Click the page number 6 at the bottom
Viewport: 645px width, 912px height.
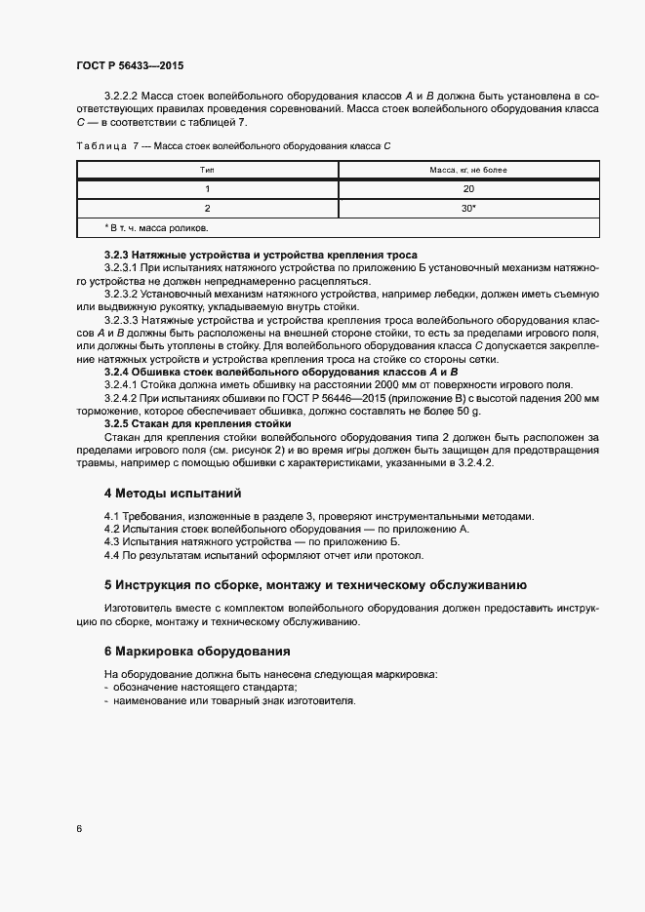click(78, 829)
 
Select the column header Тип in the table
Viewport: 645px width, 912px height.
click(207, 170)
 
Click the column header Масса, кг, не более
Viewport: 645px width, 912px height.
click(468, 170)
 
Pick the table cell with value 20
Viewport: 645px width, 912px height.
click(468, 188)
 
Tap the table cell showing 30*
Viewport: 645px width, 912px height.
click(468, 208)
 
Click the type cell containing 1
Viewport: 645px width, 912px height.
click(207, 188)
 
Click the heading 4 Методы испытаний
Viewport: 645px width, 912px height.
click(173, 494)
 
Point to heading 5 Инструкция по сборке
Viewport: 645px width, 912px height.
click(315, 585)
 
